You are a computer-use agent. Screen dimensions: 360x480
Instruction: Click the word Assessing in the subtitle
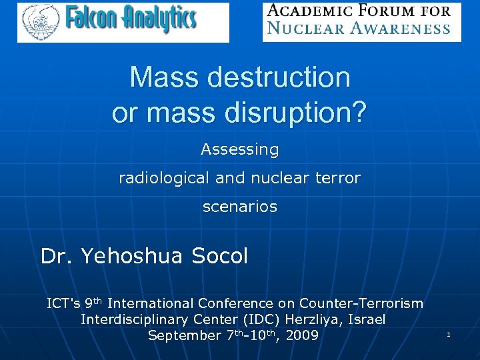(240, 149)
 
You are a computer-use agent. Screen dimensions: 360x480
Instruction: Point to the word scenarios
(240, 207)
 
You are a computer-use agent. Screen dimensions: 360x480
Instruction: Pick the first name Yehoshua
(133, 256)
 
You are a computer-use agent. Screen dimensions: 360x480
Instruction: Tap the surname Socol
(220, 256)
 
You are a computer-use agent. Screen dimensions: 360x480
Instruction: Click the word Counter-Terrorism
(361, 303)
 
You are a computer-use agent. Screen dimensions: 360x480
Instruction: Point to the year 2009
(302, 335)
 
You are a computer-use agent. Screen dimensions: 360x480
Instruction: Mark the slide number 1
(449, 335)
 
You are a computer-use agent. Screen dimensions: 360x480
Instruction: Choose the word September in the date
(183, 335)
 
